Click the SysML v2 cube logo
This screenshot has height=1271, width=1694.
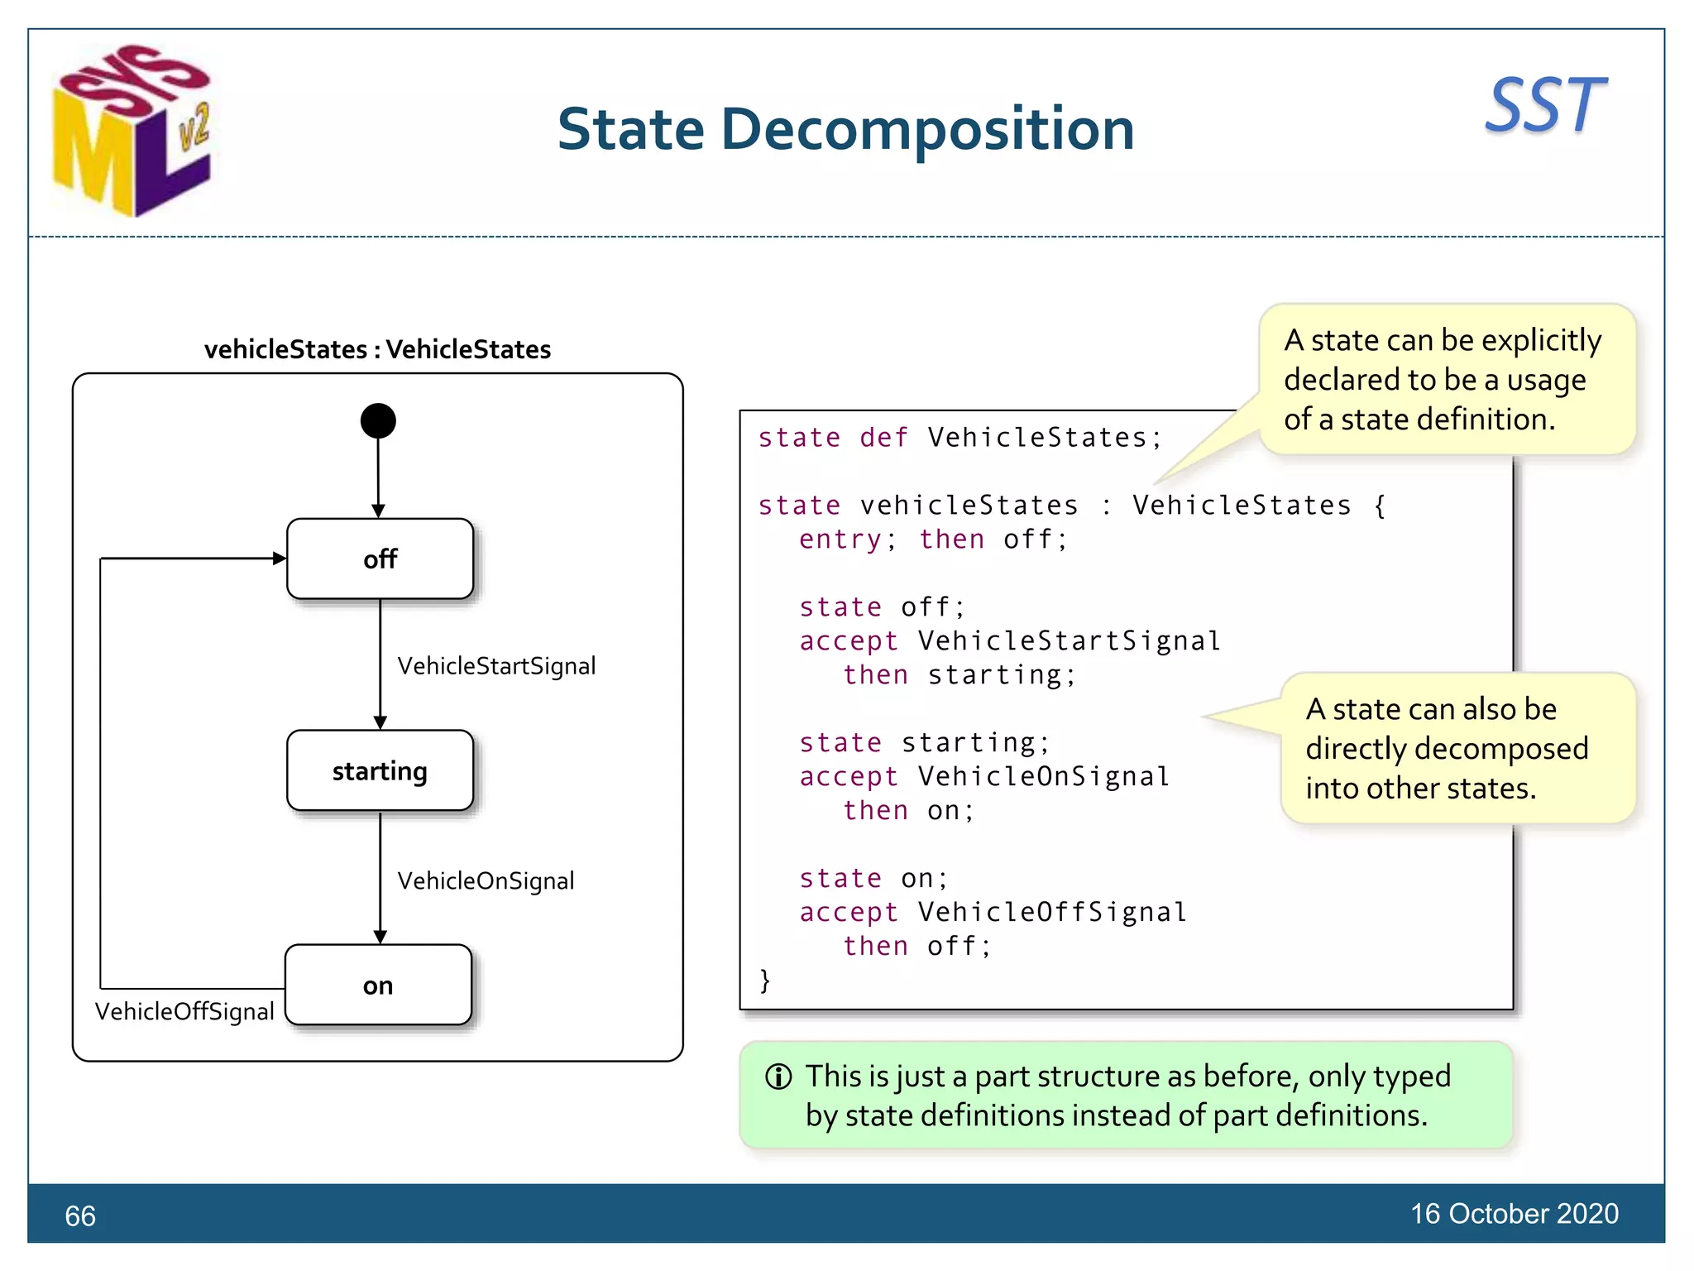[132, 132]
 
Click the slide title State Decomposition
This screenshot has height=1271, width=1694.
[845, 130]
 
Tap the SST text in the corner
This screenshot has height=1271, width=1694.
[1544, 106]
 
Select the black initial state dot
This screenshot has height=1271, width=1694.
[378, 421]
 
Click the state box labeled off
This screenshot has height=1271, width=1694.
[380, 559]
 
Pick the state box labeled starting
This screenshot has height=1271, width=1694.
[380, 771]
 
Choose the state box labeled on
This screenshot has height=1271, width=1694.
[378, 986]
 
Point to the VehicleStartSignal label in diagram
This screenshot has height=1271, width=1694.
[496, 666]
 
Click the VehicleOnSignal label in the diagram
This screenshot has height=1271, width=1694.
[486, 880]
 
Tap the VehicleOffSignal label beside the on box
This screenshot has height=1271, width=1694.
[184, 1011]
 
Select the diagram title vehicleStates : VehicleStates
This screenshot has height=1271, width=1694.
[377, 349]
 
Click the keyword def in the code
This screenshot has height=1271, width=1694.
[883, 438]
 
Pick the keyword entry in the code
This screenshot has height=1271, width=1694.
[840, 540]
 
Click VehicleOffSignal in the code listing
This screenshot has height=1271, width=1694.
[1052, 912]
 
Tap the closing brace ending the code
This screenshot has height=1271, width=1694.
[765, 980]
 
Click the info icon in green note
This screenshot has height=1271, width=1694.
[778, 1077]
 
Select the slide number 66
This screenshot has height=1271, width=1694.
[80, 1216]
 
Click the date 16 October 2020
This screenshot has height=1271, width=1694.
[1514, 1214]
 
